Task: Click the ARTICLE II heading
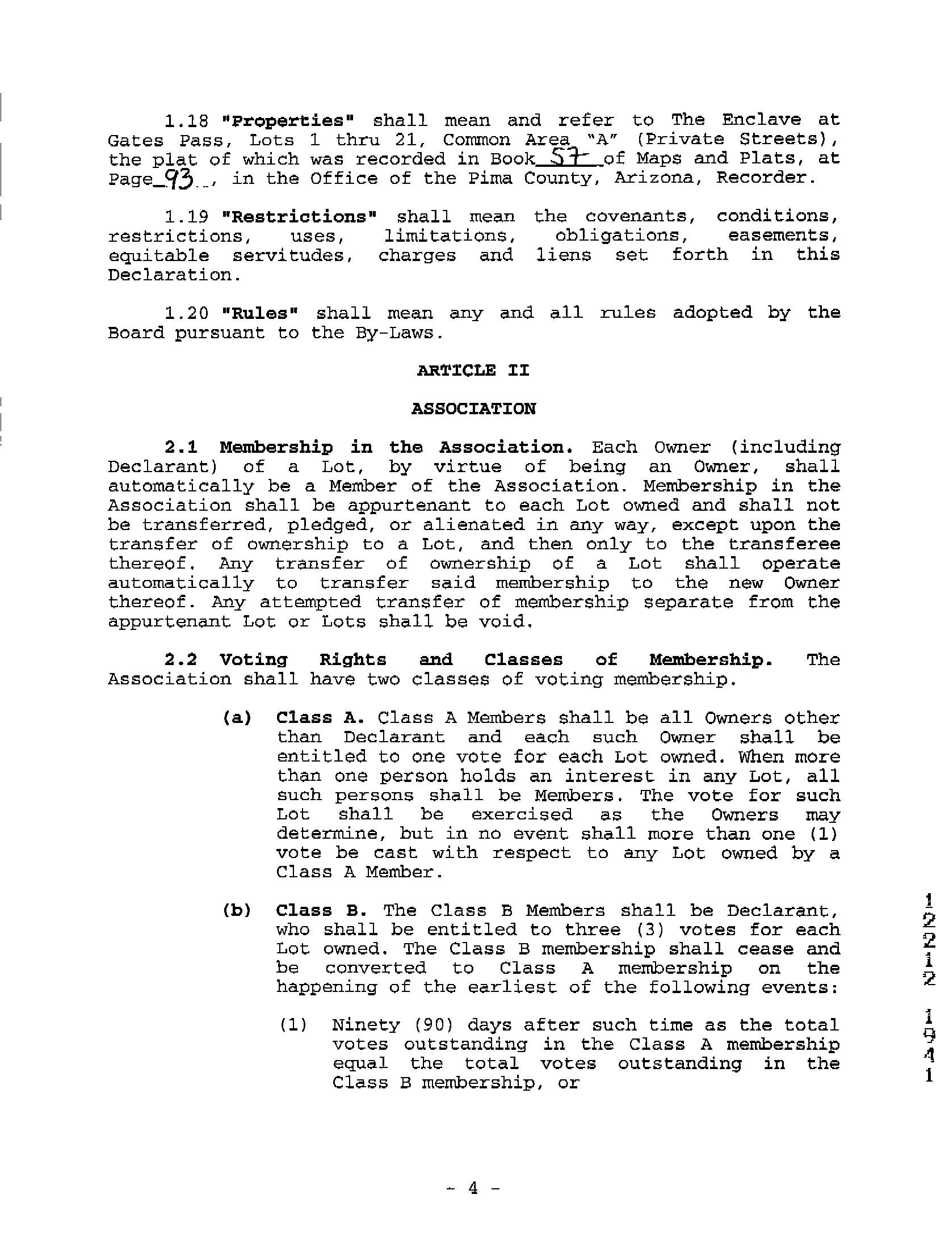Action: tap(473, 371)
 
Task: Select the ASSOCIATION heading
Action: tap(473, 409)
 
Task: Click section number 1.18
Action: tap(186, 121)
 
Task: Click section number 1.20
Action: tap(186, 313)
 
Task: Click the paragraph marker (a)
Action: tap(237, 718)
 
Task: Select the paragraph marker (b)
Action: tap(237, 910)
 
